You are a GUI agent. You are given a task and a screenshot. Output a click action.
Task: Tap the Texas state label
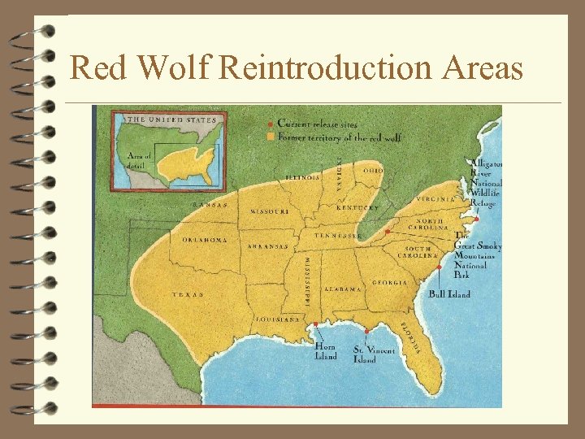188,295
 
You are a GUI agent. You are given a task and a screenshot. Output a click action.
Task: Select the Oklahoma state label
205,240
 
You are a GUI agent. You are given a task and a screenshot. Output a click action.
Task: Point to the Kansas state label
210,205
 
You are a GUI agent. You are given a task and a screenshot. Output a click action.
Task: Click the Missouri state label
270,211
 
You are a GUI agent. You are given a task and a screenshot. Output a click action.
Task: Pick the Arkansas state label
269,246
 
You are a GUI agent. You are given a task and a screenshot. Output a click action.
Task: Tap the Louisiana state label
278,319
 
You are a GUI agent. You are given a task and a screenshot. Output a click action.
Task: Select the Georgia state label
390,283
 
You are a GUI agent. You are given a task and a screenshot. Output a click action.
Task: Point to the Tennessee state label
338,236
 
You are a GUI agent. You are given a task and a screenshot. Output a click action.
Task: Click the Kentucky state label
357,208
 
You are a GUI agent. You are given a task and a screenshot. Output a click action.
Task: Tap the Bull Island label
449,294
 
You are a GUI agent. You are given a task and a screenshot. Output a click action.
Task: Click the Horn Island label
325,350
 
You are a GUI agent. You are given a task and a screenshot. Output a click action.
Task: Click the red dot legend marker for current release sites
271,124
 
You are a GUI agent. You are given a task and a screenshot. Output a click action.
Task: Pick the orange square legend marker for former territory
271,137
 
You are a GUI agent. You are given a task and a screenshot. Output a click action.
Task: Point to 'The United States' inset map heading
171,120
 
